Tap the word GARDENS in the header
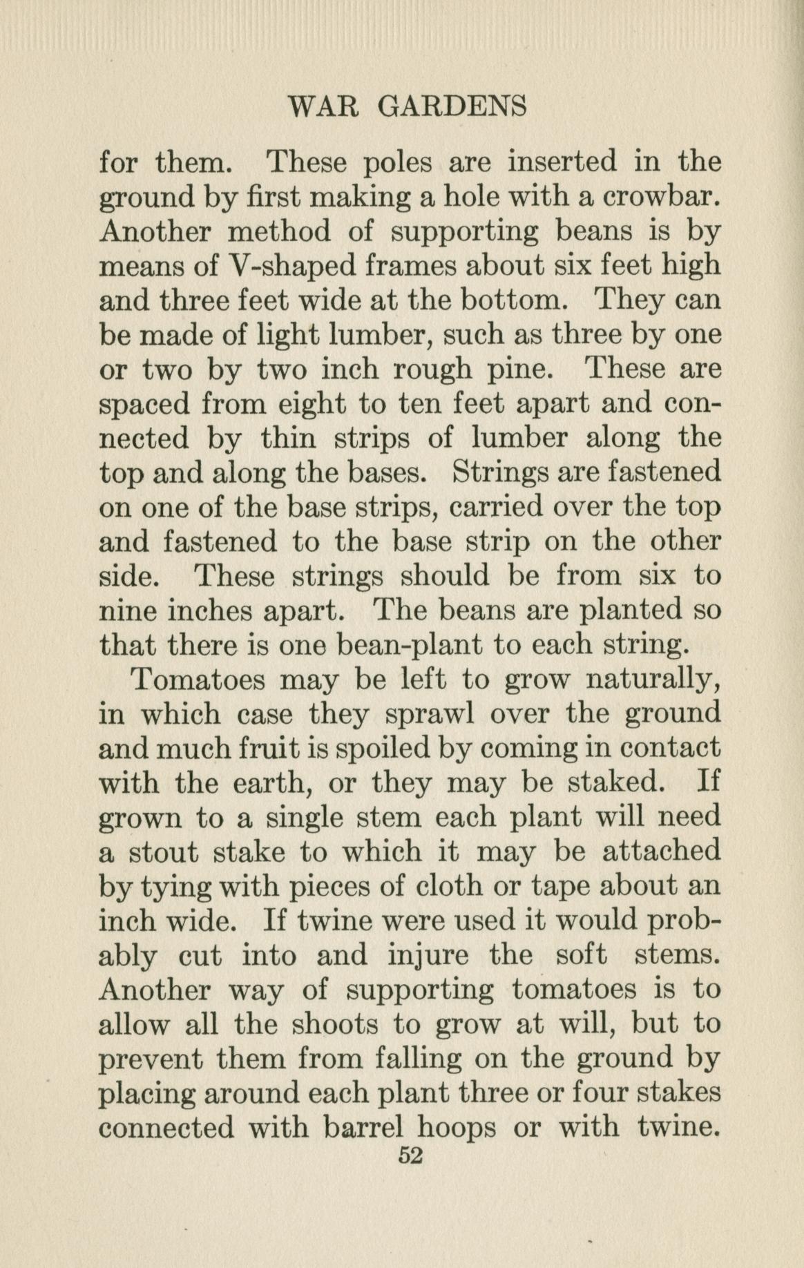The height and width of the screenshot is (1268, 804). (452, 107)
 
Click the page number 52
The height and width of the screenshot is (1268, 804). (410, 1156)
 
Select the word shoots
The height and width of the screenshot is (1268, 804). (335, 1025)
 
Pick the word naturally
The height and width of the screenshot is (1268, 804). (653, 681)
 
